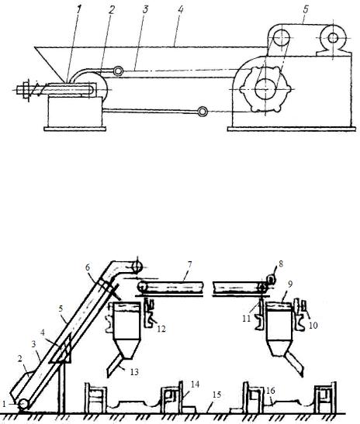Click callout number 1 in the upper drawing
coord(78,10)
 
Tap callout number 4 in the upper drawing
coord(181,9)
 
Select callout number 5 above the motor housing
coord(306,10)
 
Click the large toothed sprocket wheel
coord(266,89)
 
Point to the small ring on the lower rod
coord(202,111)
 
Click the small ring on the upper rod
coord(118,71)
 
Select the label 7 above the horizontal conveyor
coord(189,264)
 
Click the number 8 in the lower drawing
coord(281,264)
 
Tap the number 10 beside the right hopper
coord(313,325)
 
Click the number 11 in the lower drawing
coord(246,319)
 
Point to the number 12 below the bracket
coord(161,329)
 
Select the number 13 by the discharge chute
coord(134,372)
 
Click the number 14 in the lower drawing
coord(195,384)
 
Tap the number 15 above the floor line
coord(216,395)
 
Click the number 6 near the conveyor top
coord(88,267)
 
